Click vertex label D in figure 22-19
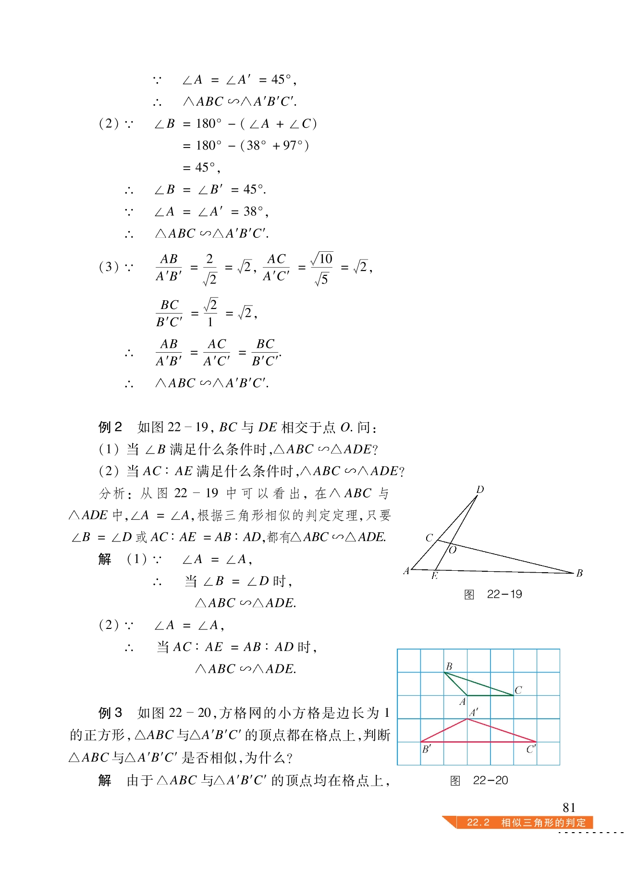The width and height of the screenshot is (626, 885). [480, 490]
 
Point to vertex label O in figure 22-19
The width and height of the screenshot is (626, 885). [452, 550]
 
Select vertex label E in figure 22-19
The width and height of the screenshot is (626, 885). [434, 576]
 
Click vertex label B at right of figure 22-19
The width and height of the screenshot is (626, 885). [579, 573]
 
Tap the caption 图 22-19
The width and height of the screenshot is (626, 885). [493, 594]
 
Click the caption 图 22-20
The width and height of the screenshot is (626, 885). [479, 780]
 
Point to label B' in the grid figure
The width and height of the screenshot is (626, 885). [426, 749]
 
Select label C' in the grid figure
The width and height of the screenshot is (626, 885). [531, 749]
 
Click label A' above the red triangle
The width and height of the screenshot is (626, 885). [474, 713]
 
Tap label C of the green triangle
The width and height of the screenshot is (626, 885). [518, 690]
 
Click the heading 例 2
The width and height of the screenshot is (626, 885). [110, 427]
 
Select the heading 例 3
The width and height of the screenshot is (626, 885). [110, 713]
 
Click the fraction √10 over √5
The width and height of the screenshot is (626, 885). [322, 268]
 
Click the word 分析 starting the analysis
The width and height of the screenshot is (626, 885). [112, 493]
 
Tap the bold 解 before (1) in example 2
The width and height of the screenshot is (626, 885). [105, 559]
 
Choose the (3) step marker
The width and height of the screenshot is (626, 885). [109, 267]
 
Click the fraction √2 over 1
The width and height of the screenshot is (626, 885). [210, 313]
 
